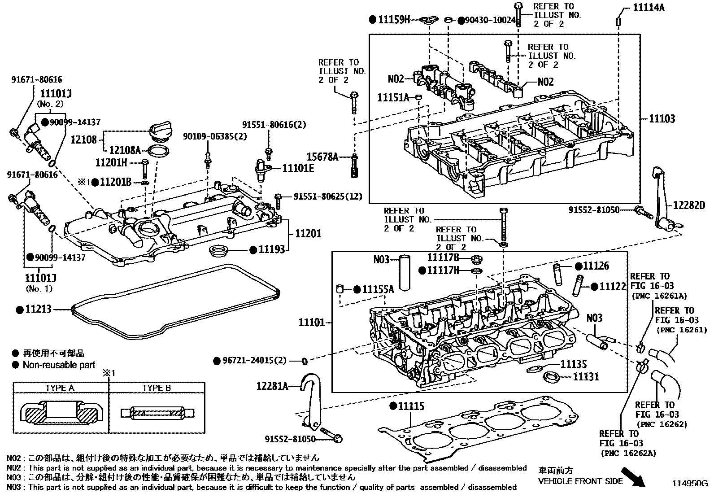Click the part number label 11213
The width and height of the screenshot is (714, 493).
(x=39, y=310)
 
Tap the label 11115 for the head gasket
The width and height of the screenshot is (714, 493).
(x=411, y=406)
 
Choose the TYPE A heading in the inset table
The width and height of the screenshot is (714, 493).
(x=60, y=388)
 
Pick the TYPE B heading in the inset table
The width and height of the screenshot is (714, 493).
(x=157, y=388)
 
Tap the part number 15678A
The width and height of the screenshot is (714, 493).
(x=322, y=157)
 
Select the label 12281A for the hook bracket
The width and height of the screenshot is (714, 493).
(x=272, y=385)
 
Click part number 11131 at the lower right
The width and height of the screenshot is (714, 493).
(x=586, y=376)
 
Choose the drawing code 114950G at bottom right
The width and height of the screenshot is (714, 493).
(x=689, y=484)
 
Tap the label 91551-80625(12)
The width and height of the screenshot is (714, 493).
(x=328, y=196)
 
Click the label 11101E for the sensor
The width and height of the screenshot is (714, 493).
(x=298, y=168)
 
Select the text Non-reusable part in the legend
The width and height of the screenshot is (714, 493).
(x=59, y=365)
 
